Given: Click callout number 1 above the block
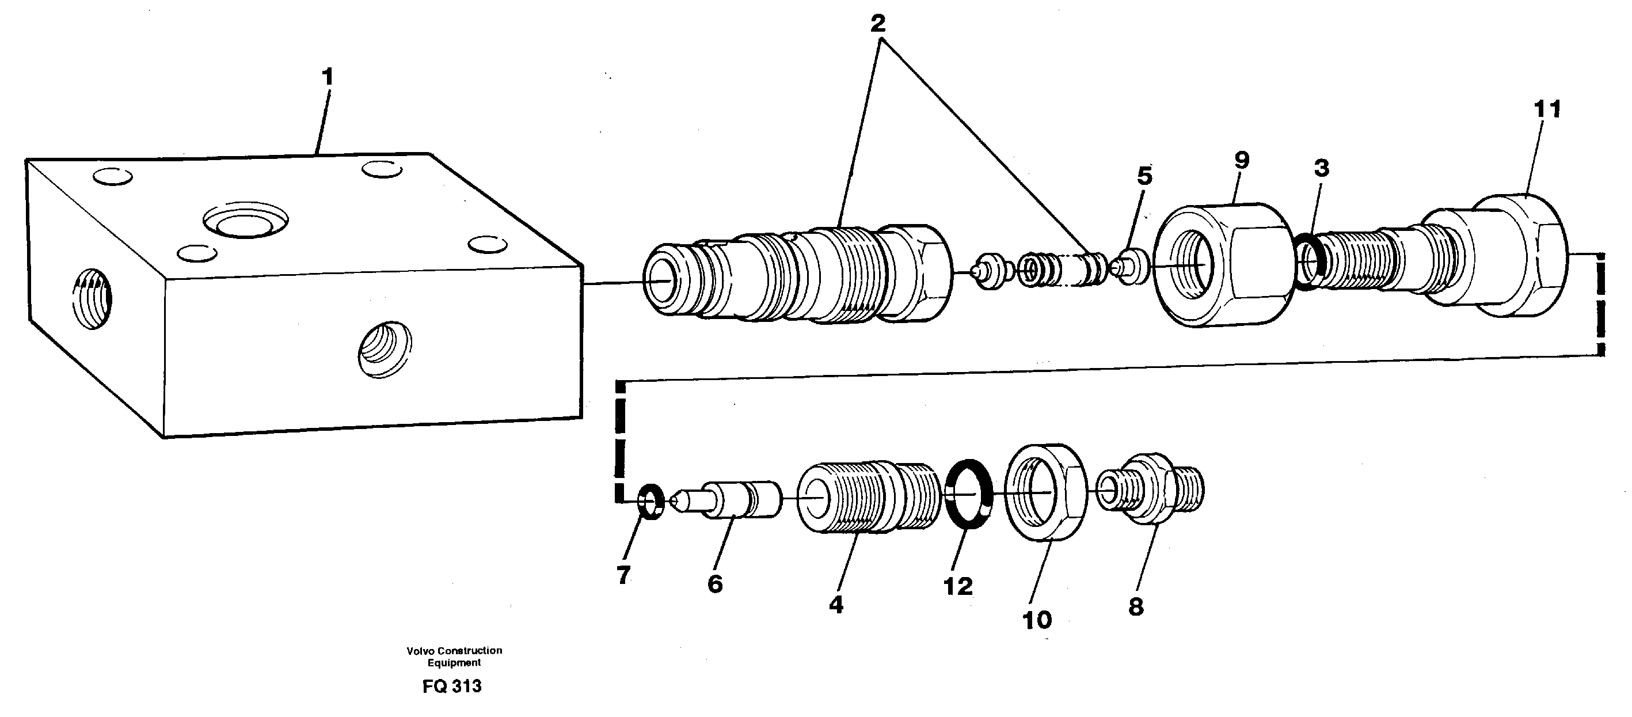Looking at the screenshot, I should (327, 77).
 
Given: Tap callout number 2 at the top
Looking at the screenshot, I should (877, 24).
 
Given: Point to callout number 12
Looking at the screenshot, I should (958, 586).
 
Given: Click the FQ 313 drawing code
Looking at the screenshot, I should (452, 686).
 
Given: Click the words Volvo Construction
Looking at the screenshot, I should (454, 650).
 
